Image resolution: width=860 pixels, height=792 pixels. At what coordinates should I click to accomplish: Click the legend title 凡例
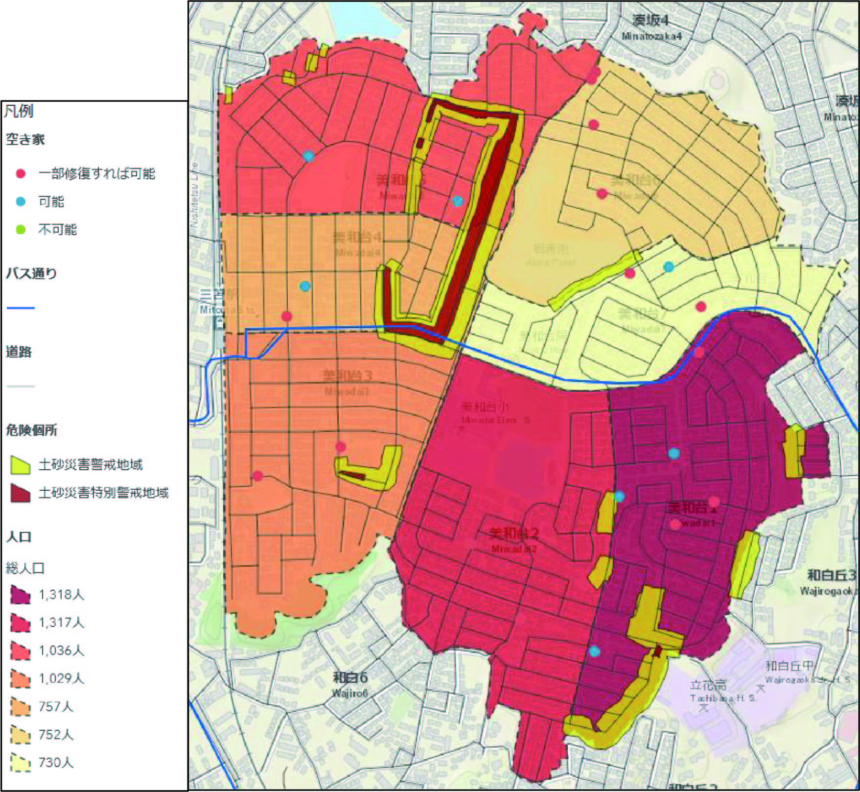point(19,111)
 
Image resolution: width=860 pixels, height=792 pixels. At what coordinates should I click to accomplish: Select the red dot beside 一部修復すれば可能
point(21,173)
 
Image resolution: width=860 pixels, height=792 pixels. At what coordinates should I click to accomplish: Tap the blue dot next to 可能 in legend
point(21,201)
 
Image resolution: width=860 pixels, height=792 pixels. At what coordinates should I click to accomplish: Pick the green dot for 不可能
point(21,229)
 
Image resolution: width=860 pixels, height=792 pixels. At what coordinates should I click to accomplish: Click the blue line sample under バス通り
point(21,308)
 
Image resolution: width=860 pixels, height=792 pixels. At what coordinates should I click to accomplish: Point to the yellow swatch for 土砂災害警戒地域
point(21,465)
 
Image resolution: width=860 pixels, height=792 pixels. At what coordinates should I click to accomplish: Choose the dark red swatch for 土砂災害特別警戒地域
point(21,493)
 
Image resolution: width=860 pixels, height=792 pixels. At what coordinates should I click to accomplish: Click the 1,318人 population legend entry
point(46,595)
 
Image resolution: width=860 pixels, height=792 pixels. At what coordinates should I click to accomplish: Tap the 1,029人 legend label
point(62,678)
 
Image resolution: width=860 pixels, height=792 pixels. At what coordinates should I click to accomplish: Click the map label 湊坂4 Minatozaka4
point(651,27)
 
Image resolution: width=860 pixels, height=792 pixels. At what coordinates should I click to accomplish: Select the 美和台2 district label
point(514,539)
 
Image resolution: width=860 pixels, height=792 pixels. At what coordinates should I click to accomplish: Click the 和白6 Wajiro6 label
point(350,683)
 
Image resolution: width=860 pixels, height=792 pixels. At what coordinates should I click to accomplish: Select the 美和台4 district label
point(357,242)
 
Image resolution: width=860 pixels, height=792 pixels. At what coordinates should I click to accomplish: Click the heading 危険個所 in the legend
point(31,430)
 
